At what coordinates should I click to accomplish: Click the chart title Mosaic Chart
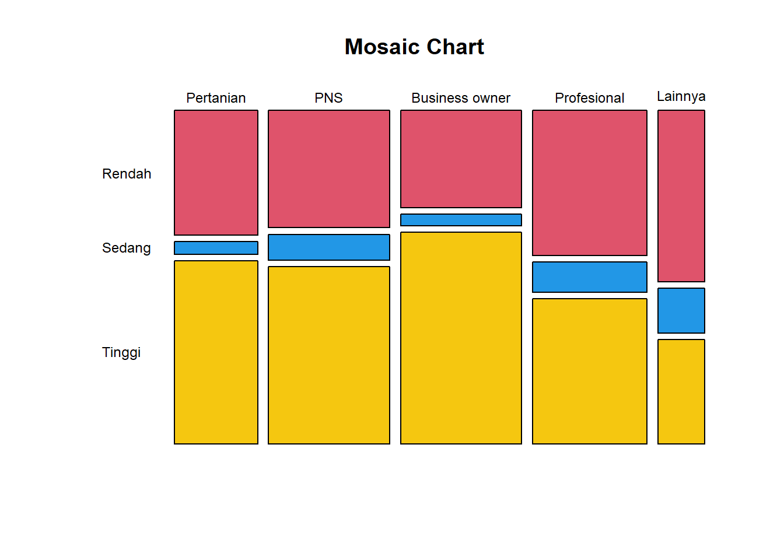click(x=414, y=47)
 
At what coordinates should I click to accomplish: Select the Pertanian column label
click(x=216, y=98)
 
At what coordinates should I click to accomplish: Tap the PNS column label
click(x=328, y=98)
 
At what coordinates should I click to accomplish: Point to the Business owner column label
click(x=461, y=98)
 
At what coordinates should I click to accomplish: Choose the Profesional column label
click(x=589, y=98)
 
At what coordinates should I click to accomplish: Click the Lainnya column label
click(x=681, y=96)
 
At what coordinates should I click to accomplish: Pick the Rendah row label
click(x=127, y=174)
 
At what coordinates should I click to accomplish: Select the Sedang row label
click(x=127, y=248)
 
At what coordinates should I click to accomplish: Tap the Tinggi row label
click(x=121, y=352)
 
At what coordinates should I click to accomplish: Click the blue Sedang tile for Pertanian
click(x=216, y=248)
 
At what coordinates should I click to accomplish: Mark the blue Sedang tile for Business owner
click(x=461, y=220)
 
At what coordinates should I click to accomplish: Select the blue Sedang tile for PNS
click(x=329, y=247)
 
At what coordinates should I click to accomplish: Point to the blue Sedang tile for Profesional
click(x=590, y=277)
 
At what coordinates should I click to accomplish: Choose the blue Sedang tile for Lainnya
click(x=681, y=310)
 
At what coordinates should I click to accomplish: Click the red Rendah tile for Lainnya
click(x=681, y=196)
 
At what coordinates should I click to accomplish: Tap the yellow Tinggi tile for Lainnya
click(x=681, y=391)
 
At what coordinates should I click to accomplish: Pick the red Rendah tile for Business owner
click(x=461, y=159)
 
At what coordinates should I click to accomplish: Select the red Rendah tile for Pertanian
click(x=216, y=173)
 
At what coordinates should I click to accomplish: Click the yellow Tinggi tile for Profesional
click(x=590, y=371)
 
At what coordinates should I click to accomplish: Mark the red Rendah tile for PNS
click(x=329, y=169)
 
